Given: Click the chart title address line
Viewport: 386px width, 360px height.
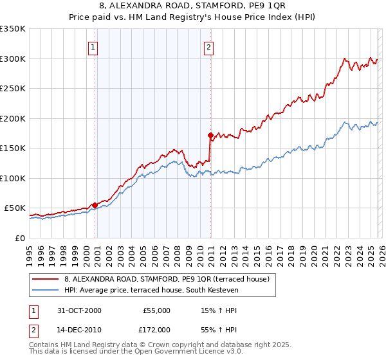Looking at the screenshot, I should click(193, 6).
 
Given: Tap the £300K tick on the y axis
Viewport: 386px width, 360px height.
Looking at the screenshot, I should click(13, 59).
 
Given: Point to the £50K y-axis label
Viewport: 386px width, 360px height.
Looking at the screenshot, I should click(15, 208).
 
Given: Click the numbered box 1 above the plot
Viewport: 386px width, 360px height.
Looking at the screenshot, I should click(93, 46).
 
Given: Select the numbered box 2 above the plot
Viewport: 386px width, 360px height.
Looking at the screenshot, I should click(210, 46).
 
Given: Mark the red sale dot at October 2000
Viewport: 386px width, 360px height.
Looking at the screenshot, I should click(95, 205).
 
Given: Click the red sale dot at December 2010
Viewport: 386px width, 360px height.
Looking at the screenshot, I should click(210, 135).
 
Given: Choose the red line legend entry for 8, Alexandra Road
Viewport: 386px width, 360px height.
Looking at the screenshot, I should click(170, 279).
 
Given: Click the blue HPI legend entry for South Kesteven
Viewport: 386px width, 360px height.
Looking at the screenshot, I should click(151, 291).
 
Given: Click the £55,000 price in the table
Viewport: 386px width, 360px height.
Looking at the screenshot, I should click(156, 310).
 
